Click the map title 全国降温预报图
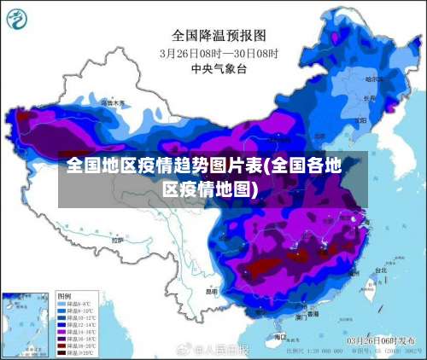click(x=219, y=35)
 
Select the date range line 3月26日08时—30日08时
click(x=219, y=52)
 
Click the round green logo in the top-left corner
click(x=19, y=19)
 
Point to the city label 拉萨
click(x=117, y=241)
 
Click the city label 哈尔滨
click(x=372, y=78)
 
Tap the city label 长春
click(x=369, y=98)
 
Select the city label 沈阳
click(x=357, y=119)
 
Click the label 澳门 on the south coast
click(x=301, y=316)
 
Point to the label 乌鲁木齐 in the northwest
click(x=112, y=103)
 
